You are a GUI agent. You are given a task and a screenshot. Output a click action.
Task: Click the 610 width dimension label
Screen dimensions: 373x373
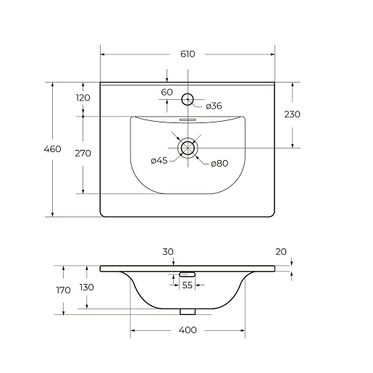click(x=188, y=54)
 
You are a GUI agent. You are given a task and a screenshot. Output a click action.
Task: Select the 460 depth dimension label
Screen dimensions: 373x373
click(x=52, y=149)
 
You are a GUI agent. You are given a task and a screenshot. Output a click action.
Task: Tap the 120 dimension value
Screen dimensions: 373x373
click(x=83, y=98)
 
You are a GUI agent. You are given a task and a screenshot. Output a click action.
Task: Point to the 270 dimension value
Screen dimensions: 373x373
click(x=83, y=154)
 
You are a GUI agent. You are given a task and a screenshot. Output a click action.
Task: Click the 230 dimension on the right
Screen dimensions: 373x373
click(x=292, y=114)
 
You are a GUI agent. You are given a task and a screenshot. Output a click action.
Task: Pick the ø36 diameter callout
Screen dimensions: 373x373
click(x=214, y=106)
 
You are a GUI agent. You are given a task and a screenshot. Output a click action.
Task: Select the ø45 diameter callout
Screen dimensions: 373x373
click(x=159, y=161)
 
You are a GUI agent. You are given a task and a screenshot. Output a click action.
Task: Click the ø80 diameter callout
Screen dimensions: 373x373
click(x=219, y=164)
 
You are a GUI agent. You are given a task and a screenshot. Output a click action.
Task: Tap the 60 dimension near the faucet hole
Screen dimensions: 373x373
click(x=167, y=92)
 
